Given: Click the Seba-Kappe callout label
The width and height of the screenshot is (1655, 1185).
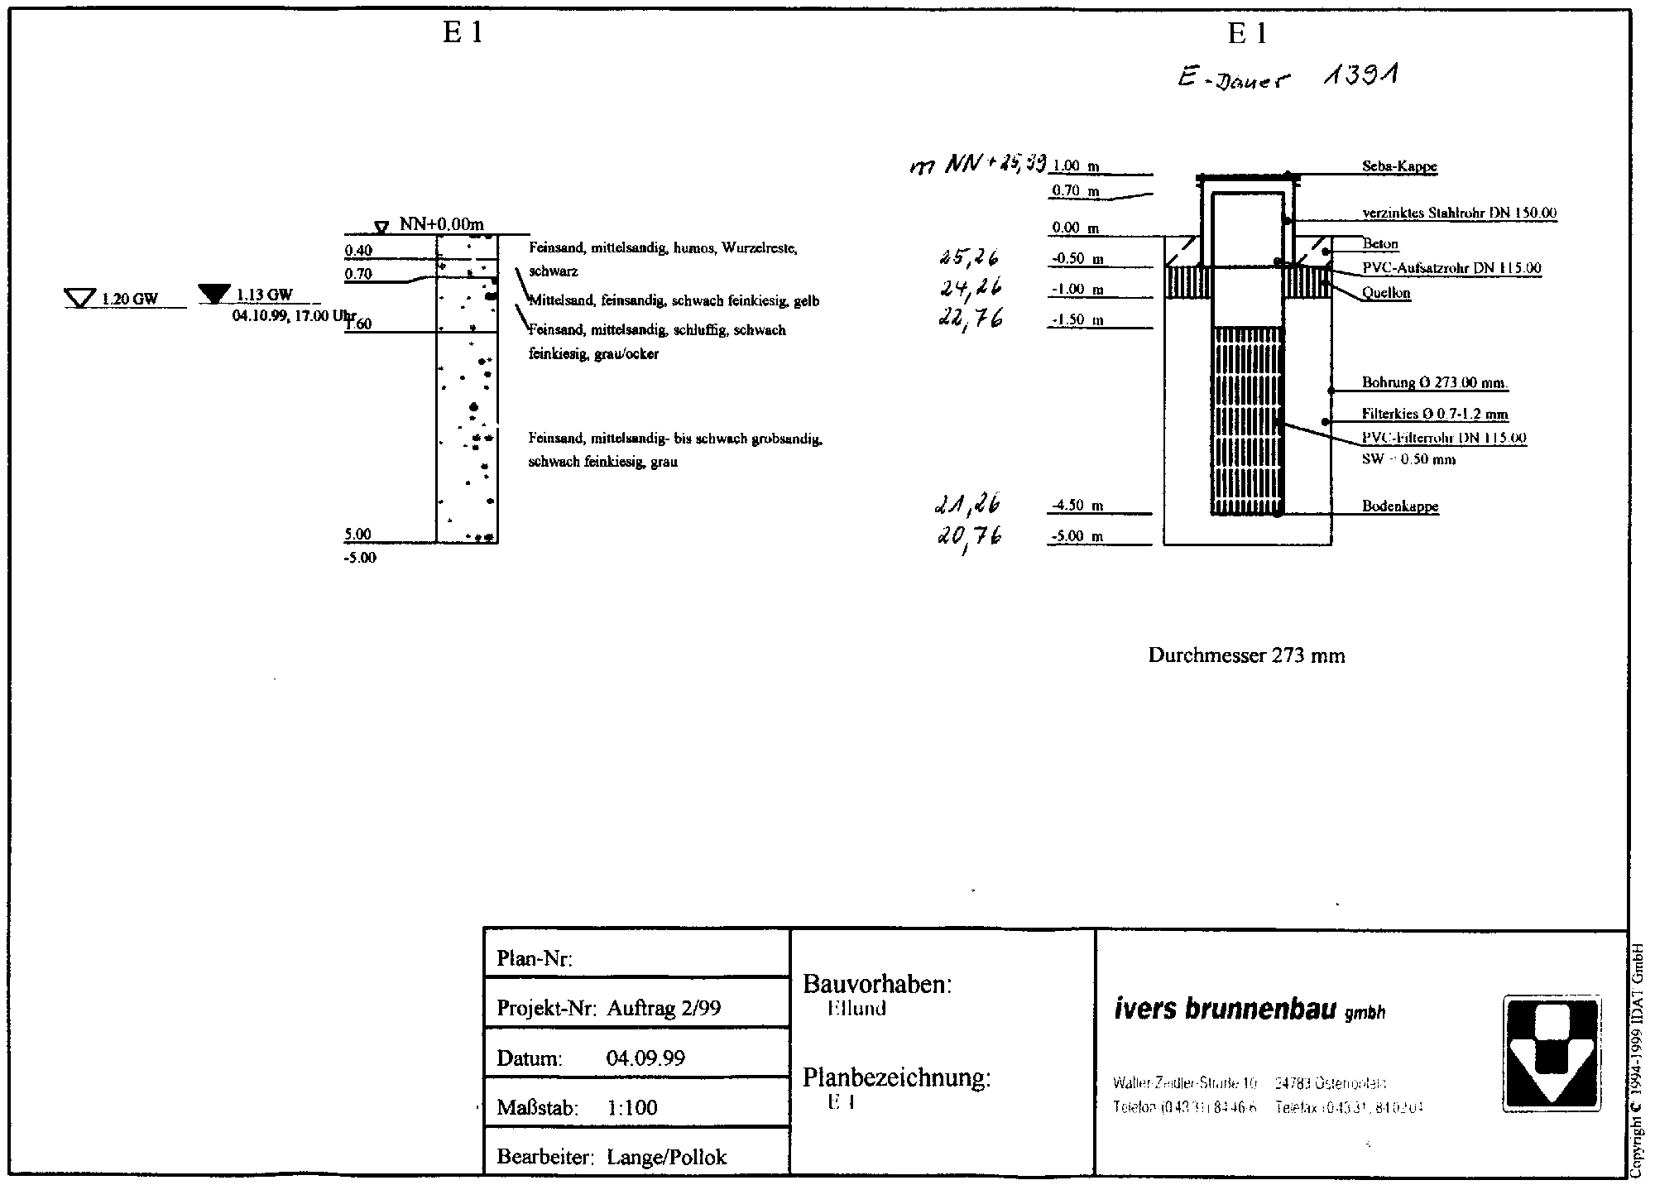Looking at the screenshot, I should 1399,167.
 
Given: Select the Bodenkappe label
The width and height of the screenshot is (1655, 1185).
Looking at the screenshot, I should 1400,506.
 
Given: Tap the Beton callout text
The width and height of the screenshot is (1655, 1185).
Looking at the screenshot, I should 1380,244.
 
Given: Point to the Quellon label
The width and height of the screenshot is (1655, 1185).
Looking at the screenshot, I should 1386,293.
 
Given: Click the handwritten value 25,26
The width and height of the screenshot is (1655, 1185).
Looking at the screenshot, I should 968,258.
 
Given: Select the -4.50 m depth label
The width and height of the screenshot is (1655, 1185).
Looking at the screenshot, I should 1077,506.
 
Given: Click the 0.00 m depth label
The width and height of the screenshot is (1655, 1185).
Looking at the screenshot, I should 1075,228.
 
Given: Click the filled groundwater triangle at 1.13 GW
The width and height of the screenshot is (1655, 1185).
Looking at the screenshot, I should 215,292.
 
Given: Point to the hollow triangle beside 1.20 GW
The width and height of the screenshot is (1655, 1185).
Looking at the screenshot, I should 80,297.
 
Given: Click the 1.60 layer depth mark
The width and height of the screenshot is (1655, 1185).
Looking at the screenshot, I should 359,324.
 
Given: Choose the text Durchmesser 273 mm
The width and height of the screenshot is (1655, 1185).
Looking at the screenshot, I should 1246,656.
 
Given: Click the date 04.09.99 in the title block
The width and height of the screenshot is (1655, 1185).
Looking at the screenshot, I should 645,1058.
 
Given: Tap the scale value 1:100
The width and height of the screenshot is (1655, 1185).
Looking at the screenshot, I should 632,1108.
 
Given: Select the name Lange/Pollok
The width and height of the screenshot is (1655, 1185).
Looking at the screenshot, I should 666,1157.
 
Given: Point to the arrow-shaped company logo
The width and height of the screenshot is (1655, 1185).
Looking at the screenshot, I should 1551,1053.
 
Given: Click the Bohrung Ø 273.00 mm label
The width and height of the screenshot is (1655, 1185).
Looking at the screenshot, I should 1434,383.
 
